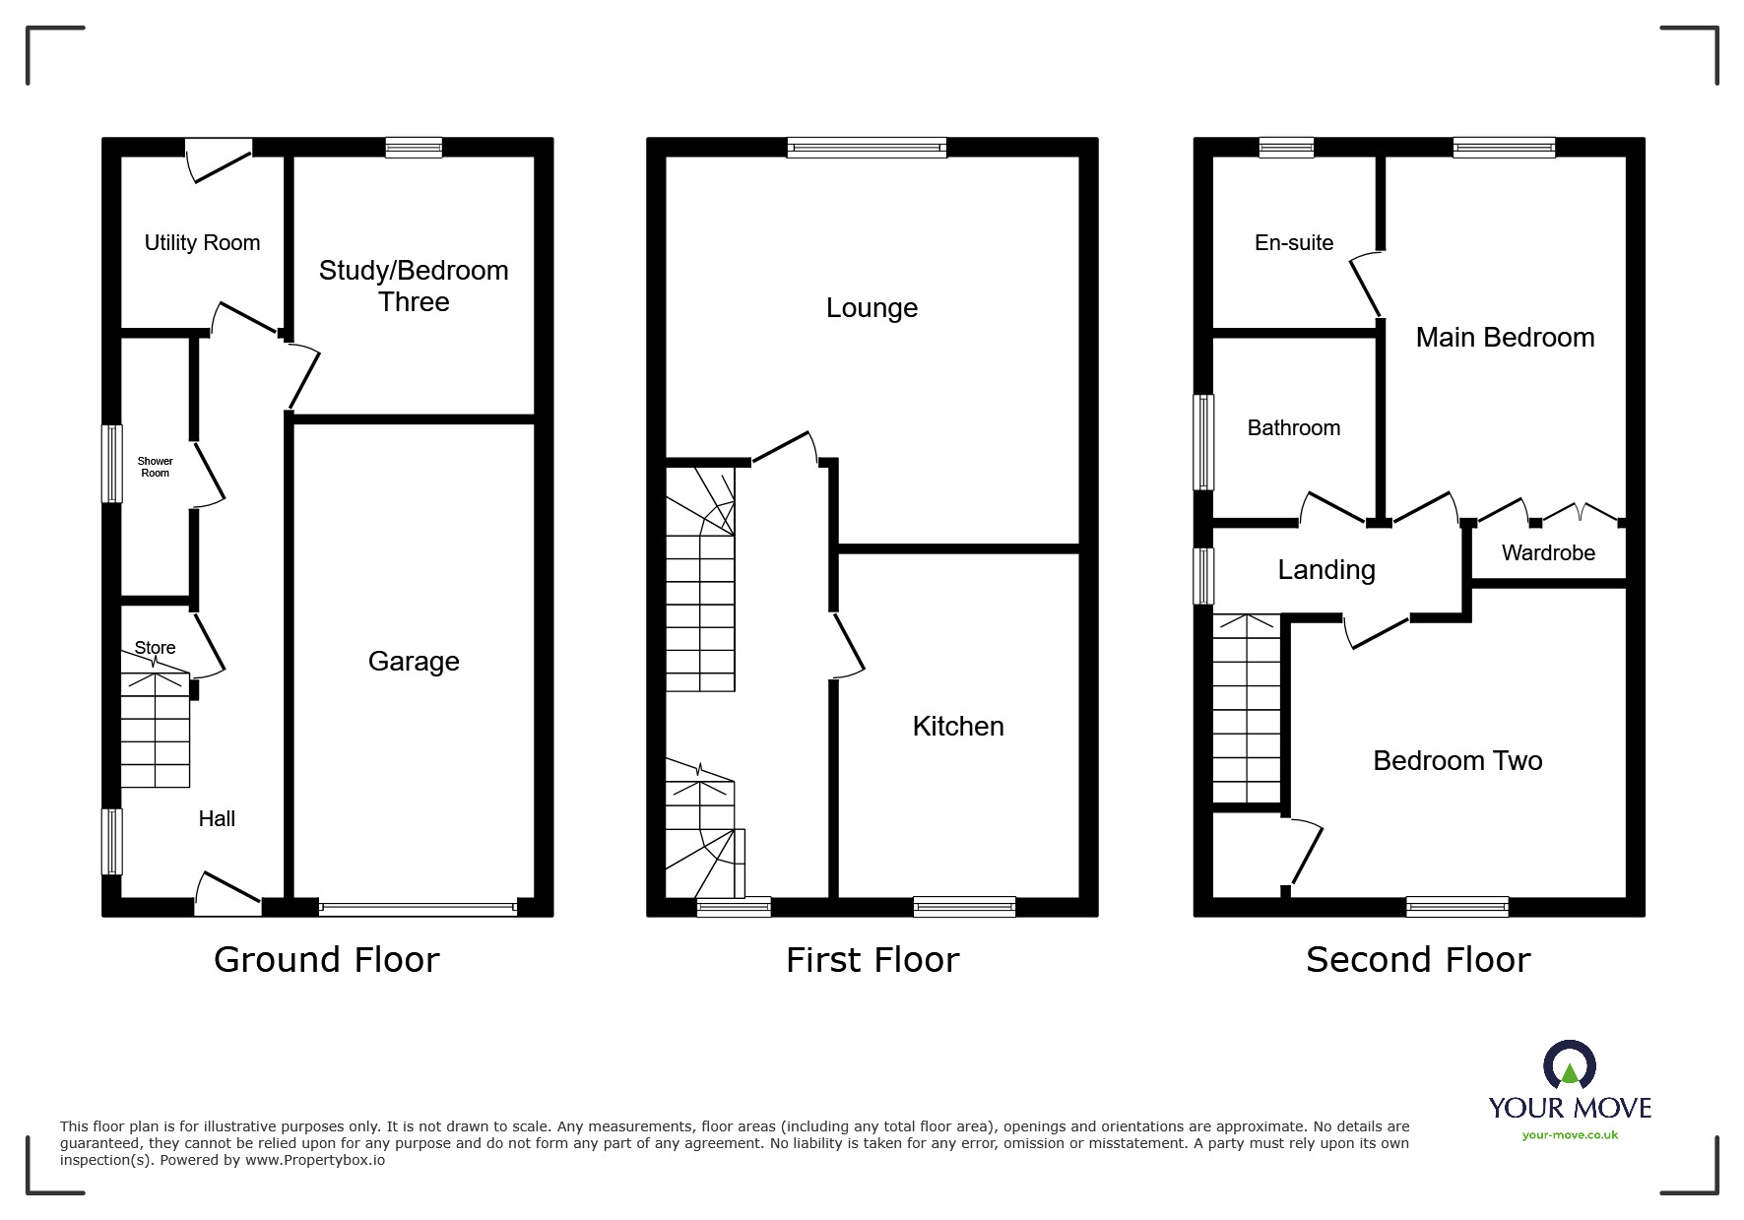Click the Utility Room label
pos(202,242)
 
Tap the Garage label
pos(414,661)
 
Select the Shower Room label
pos(155,467)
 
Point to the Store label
pos(155,647)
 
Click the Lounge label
pos(872,308)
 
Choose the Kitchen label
pos(958,727)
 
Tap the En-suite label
pos(1294,242)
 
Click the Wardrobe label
pos(1548,552)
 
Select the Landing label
pos(1326,570)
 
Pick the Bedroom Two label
pos(1457,760)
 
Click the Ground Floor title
pos(326,959)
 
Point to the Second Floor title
pos(1418,959)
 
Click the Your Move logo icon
pos(1569,1065)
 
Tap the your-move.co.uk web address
pos(1570,1135)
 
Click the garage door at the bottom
pos(418,908)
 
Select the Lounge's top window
pos(867,148)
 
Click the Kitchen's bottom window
pos(964,907)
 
